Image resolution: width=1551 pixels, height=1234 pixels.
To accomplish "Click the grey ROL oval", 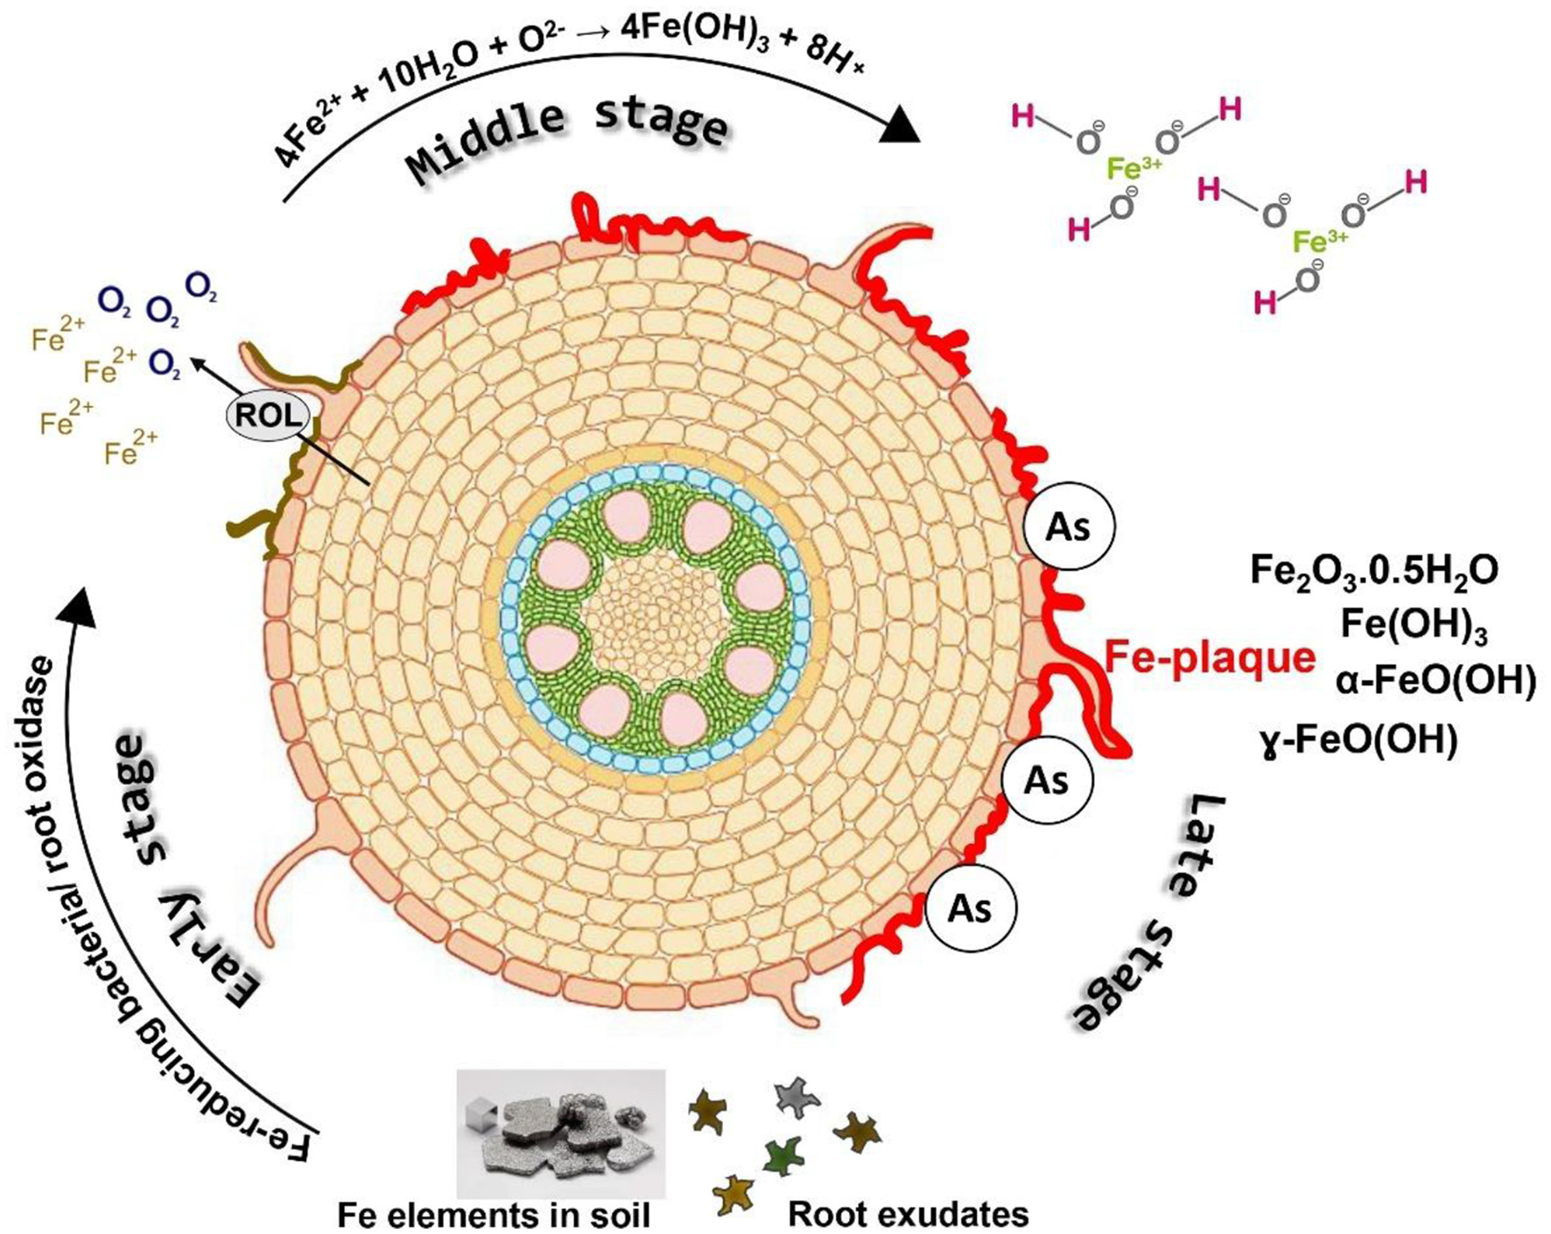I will [269, 415].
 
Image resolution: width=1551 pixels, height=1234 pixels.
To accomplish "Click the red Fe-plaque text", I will [1210, 657].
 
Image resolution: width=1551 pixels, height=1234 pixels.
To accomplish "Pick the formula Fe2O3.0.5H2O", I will [1373, 571].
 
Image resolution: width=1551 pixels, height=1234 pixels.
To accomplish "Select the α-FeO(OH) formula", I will [1435, 682].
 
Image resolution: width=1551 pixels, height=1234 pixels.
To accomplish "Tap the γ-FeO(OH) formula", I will [1358, 741].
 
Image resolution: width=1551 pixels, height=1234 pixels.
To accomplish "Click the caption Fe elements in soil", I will [494, 1215].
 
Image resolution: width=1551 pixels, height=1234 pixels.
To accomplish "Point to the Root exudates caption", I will [908, 1214].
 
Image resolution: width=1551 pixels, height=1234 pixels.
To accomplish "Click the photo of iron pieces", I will [561, 1132].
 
